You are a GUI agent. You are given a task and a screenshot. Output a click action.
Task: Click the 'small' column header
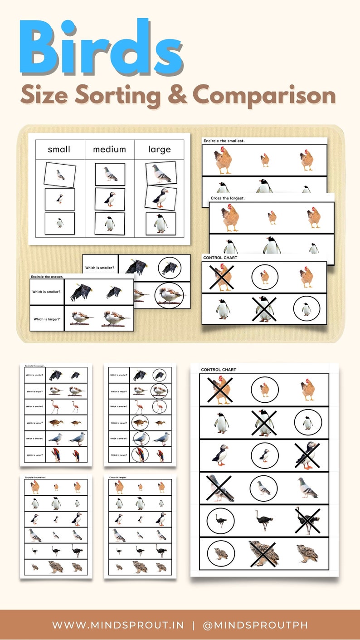pyautogui.click(x=59, y=149)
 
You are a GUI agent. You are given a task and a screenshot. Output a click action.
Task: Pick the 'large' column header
pyautogui.click(x=159, y=149)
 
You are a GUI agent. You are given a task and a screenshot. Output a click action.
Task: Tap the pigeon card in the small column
pyautogui.click(x=60, y=175)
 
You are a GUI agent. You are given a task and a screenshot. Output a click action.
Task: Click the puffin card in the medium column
pyautogui.click(x=110, y=199)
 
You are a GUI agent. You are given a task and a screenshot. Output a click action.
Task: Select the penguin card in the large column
pyautogui.click(x=161, y=224)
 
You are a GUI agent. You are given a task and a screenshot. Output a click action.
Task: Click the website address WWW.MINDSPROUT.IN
pyautogui.click(x=118, y=625)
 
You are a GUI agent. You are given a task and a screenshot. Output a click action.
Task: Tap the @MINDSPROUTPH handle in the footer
pyautogui.click(x=255, y=625)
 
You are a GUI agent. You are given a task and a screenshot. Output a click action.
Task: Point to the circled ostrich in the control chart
pyautogui.click(x=221, y=521)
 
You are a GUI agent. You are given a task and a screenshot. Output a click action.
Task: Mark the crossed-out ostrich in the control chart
pyautogui.click(x=308, y=521)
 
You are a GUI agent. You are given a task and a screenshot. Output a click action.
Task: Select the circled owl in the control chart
pyautogui.click(x=221, y=554)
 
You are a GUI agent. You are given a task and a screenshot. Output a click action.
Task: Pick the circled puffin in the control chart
pyautogui.click(x=264, y=455)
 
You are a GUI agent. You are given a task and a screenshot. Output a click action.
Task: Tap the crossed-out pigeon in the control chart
pyautogui.click(x=221, y=488)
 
